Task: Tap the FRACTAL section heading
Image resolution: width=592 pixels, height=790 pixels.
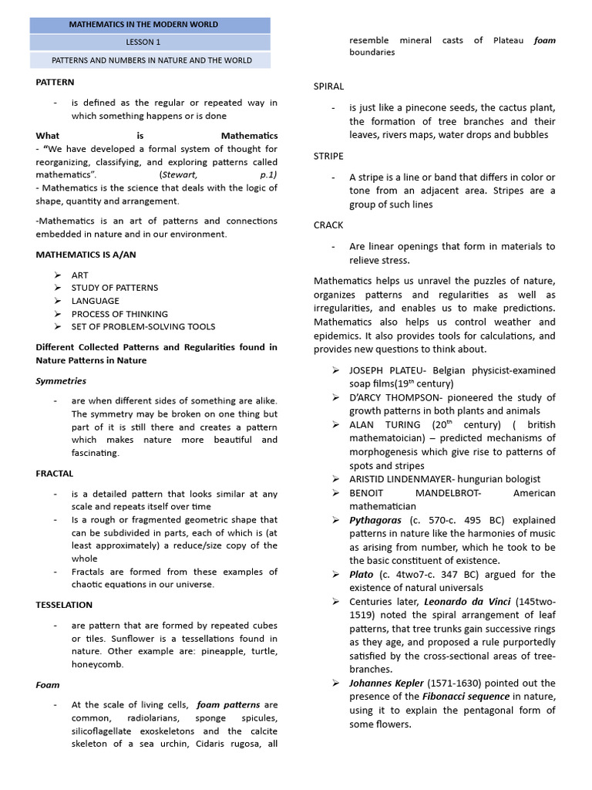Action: click(x=55, y=473)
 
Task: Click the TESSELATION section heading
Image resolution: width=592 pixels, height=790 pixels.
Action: click(x=64, y=605)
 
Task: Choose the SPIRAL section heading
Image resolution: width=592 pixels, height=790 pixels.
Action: click(x=328, y=86)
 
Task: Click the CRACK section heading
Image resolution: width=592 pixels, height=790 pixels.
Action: click(x=328, y=225)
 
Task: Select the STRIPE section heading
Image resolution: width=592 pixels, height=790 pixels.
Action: click(x=328, y=156)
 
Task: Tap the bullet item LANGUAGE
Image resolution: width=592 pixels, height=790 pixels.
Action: click(x=96, y=301)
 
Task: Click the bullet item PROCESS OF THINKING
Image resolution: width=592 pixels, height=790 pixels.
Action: click(x=119, y=314)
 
